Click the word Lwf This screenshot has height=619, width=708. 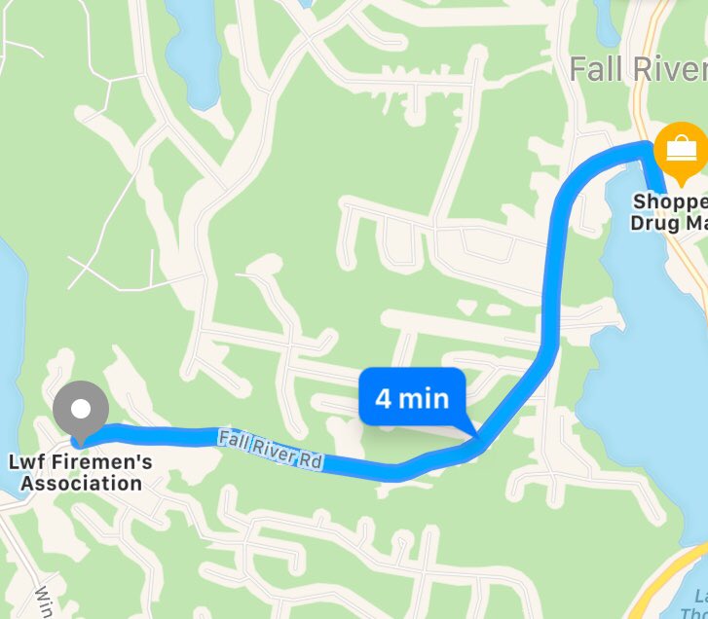[30, 462]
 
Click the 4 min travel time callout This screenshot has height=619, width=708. [412, 398]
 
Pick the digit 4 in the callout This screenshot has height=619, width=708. [384, 398]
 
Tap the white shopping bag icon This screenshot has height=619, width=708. [681, 149]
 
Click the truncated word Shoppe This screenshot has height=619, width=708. [670, 202]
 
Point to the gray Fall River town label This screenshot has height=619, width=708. [638, 69]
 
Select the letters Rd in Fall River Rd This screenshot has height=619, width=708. [311, 459]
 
